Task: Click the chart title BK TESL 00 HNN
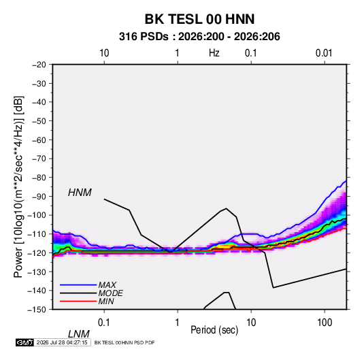click(199, 19)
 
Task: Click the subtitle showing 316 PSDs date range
click(199, 37)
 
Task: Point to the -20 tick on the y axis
click(39, 65)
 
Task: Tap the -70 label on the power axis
click(39, 159)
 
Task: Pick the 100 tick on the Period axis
click(325, 323)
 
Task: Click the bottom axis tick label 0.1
click(104, 323)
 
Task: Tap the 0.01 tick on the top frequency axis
click(324, 53)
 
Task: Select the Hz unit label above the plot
click(214, 53)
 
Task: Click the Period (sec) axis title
click(214, 330)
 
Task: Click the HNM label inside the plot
click(80, 193)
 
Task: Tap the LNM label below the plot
click(78, 334)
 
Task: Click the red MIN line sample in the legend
click(78, 301)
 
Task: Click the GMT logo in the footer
click(24, 342)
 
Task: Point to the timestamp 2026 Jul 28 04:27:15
click(62, 342)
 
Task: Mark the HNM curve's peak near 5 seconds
click(226, 208)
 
